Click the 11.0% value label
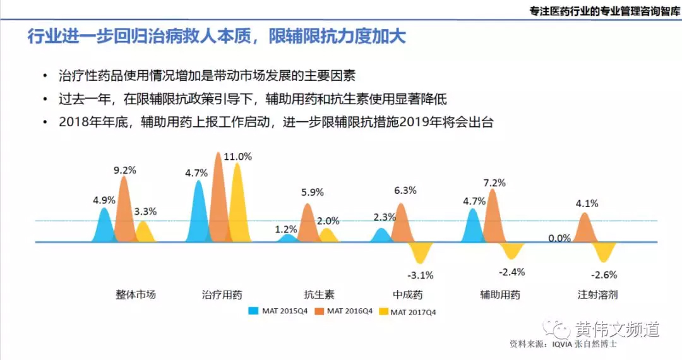coord(238,157)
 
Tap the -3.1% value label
coord(420,275)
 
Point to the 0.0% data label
coord(559,238)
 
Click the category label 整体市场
coord(135,294)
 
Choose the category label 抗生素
coord(319,294)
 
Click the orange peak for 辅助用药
coord(493,218)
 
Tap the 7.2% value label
coord(494,183)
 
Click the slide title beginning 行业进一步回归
coord(217,36)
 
